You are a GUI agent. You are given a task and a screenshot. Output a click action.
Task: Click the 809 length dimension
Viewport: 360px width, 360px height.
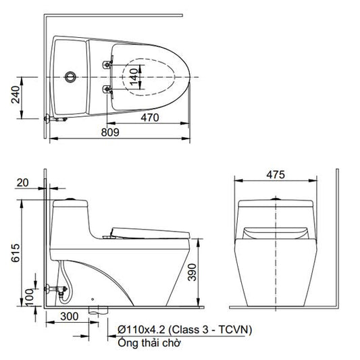110,132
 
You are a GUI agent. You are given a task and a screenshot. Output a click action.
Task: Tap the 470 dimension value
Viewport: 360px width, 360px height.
150,118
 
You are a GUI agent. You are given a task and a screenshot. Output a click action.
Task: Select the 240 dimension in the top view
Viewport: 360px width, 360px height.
16,95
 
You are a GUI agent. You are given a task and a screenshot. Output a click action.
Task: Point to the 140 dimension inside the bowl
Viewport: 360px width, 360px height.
134,77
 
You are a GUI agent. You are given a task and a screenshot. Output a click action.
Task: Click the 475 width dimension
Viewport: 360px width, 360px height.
276,175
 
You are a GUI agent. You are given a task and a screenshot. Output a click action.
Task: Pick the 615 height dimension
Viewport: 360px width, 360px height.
16,253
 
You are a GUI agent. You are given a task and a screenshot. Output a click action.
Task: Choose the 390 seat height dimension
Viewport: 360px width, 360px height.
192,272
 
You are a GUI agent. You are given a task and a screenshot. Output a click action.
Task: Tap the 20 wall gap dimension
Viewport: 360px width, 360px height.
23,183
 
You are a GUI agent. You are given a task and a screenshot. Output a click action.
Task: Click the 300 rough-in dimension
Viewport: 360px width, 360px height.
70,316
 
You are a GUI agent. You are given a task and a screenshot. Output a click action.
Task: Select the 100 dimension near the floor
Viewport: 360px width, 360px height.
29,298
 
